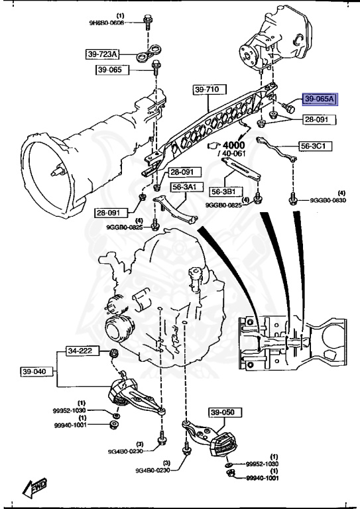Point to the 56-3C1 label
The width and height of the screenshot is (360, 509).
[x=315, y=145]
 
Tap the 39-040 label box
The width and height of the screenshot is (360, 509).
[x=34, y=371]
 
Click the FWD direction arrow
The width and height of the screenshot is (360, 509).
[x=33, y=488]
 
